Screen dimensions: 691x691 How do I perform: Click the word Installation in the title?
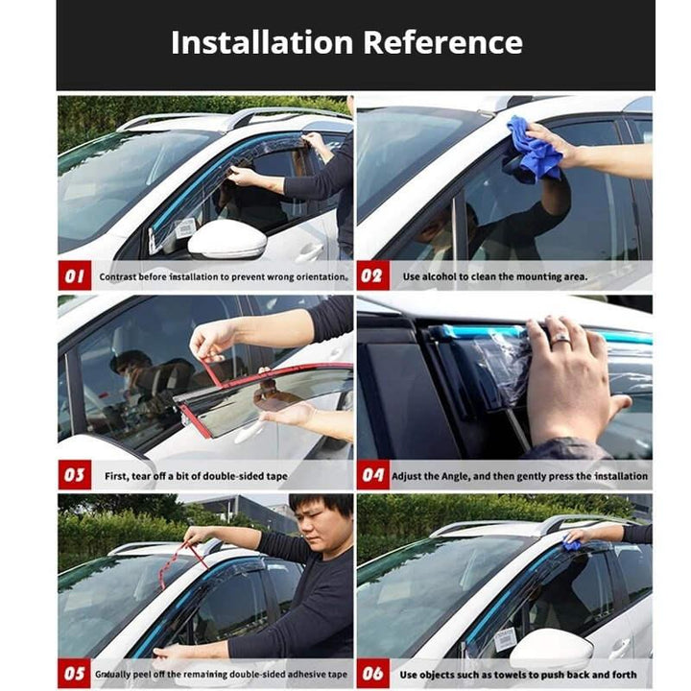262,43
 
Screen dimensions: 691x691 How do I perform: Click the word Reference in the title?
442,43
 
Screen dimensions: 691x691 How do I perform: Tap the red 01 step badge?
75,275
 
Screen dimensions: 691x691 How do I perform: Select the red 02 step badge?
372,275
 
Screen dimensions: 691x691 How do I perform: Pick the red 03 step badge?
75,475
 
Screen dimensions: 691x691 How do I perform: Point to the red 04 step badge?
372,475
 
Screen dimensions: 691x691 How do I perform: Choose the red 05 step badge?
75,674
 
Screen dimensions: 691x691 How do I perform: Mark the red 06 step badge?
372,674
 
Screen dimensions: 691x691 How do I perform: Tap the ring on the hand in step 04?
561,338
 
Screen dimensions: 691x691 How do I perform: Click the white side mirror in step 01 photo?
227,239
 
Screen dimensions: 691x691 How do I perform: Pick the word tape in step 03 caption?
276,476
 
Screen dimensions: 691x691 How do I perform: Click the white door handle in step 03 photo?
249,431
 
